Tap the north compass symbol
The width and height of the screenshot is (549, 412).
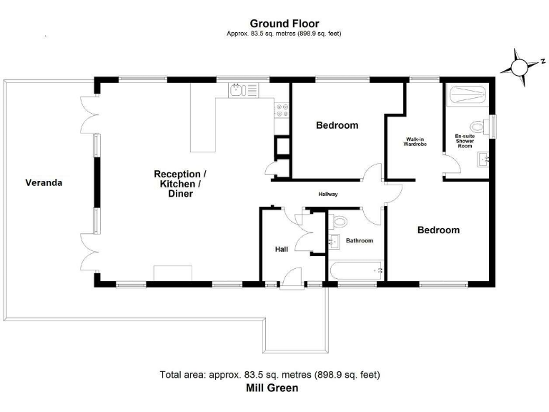518,66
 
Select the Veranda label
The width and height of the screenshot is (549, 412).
44,182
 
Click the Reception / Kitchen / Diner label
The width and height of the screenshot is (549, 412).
180,184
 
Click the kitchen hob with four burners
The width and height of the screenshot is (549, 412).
282,110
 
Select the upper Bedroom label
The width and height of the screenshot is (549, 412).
337,126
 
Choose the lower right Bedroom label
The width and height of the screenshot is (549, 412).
438,230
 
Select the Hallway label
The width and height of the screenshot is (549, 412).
328,195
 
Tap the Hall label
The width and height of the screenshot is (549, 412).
282,249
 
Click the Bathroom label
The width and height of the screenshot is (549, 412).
360,241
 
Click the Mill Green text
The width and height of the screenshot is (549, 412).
272,388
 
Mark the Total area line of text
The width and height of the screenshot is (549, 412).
270,375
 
